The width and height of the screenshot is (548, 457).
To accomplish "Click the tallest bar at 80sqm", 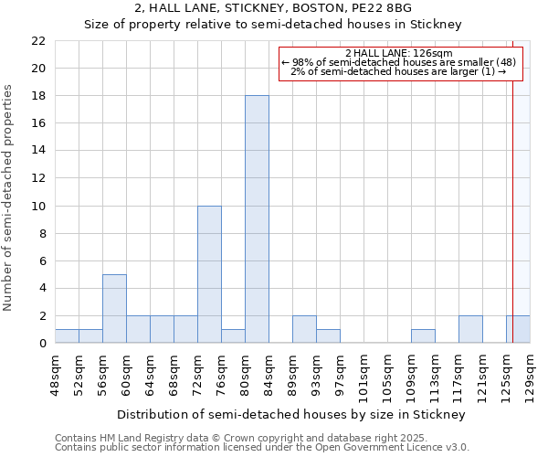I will click(x=257, y=219).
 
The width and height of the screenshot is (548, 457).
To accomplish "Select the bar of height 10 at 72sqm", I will click(x=209, y=274).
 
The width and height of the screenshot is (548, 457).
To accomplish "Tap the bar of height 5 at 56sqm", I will click(x=114, y=308).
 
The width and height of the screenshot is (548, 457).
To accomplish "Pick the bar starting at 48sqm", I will click(x=67, y=335).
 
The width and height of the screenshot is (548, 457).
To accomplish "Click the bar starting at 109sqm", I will click(x=423, y=335).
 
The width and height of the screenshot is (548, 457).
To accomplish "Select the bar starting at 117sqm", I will click(x=470, y=329).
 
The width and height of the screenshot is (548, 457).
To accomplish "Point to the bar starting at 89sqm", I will click(x=304, y=329).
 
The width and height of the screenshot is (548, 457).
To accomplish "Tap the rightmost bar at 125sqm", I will click(x=518, y=329).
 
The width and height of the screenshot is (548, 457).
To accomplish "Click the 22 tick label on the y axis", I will click(x=38, y=41).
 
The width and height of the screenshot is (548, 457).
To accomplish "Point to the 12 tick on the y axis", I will click(x=38, y=178).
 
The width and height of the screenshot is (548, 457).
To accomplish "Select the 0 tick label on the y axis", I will click(x=42, y=344).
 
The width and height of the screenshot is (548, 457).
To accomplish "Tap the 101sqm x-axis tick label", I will click(x=364, y=375).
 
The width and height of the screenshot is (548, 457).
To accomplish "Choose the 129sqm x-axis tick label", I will click(x=530, y=375).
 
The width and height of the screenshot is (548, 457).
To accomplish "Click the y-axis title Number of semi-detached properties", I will click(x=9, y=197).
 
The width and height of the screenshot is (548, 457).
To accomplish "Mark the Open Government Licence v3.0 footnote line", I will click(x=262, y=448).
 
